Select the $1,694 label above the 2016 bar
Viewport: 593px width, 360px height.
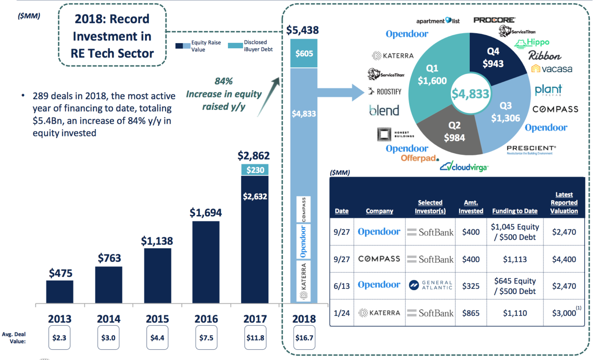point(206,213)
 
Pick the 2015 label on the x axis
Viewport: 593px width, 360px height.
point(158,318)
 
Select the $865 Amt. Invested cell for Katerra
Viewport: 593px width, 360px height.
point(471,313)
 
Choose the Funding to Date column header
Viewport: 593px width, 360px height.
point(515,211)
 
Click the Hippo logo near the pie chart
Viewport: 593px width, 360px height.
point(532,43)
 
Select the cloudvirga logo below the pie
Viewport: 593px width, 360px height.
point(464,167)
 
